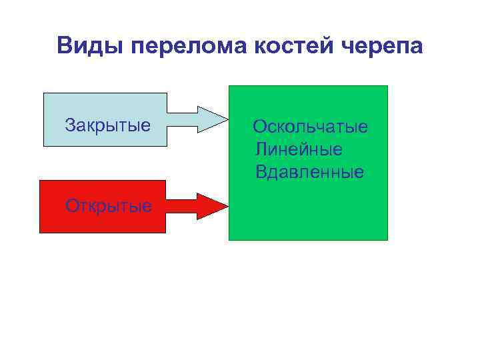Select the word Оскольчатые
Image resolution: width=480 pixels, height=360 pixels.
click(x=310, y=127)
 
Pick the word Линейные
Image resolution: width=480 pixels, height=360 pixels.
click(x=299, y=149)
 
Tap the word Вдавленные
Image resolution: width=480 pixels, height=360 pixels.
click(x=309, y=172)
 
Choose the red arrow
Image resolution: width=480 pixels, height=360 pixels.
click(x=197, y=205)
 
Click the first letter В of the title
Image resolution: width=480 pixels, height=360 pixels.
click(x=65, y=47)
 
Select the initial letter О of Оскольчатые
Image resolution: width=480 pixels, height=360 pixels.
click(x=259, y=127)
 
